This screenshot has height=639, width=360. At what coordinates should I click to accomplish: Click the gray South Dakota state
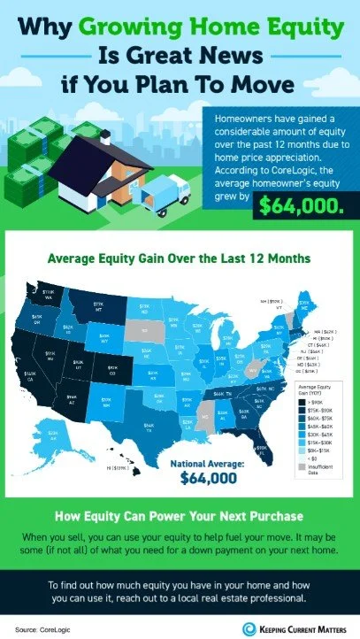point(142,333)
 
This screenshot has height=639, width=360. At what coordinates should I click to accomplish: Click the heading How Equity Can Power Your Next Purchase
point(180,516)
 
